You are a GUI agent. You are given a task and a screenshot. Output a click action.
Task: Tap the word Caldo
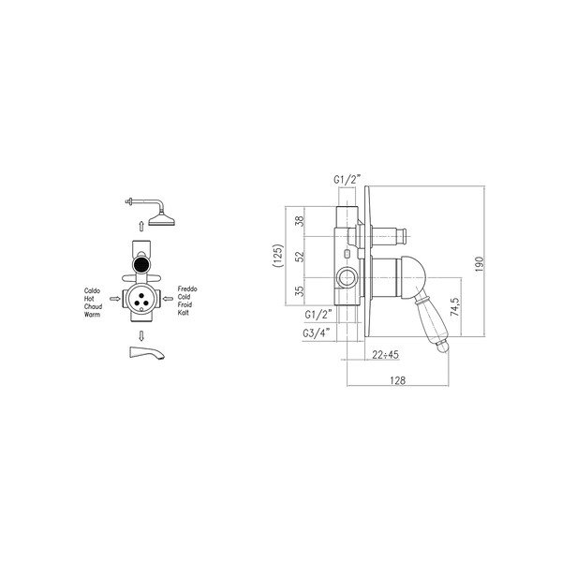pos(92,290)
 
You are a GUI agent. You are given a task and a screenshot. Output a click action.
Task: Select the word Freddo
pos(187,288)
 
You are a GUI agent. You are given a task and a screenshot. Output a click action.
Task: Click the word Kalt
pos(183,313)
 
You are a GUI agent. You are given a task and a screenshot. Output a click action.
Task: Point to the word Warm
pos(92,315)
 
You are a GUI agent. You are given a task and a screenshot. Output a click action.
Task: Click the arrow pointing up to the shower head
pos(141,227)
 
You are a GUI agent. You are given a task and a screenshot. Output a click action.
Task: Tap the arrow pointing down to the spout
pos(141,336)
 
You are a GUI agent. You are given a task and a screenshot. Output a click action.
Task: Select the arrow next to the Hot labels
pos(114,299)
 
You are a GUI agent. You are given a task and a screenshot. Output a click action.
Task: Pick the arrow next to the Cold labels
pos(168,299)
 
